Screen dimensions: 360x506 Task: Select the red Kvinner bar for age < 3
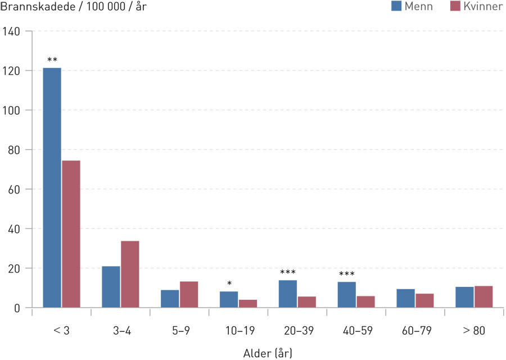coord(71,234)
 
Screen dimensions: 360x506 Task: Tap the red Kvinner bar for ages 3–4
coord(130,274)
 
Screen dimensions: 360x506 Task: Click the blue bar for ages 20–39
coord(287,294)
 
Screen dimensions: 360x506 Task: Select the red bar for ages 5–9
coord(189,294)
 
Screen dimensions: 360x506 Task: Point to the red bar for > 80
coord(484,297)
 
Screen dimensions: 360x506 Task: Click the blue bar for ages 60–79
coord(405,298)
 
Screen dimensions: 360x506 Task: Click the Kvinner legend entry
coord(476,7)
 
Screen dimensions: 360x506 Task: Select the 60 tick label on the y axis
coord(15,190)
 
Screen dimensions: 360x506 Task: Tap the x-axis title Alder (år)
coord(268,353)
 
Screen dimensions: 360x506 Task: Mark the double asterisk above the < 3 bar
coord(52,60)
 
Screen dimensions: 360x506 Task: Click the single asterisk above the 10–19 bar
coord(229,283)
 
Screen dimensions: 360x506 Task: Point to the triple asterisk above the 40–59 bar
coord(346,274)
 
